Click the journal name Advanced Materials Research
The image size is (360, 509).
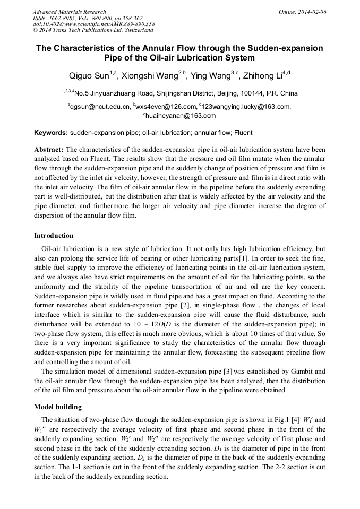(x=69, y=12)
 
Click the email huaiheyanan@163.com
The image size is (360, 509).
(x=182, y=116)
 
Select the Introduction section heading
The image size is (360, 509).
(x=54, y=236)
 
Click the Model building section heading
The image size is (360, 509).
(x=58, y=407)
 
